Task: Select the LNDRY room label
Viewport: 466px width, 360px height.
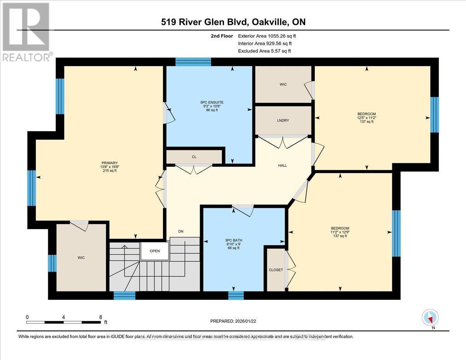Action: (283, 120)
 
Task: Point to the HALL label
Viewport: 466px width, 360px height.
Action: (282, 165)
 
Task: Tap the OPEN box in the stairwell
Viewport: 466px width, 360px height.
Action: (155, 251)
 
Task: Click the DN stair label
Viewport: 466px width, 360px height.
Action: (181, 231)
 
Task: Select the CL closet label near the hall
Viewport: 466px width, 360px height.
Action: (194, 157)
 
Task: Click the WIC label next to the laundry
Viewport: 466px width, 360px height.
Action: (283, 84)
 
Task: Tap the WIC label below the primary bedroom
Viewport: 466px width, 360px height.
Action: (81, 257)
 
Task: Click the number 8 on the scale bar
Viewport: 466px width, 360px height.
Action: (100, 317)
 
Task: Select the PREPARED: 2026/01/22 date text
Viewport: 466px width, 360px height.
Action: (233, 321)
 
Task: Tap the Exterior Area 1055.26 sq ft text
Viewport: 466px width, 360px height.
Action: (269, 36)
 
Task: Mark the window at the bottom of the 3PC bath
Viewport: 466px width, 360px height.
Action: (236, 296)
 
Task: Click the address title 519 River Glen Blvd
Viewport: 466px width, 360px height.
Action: (233, 22)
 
